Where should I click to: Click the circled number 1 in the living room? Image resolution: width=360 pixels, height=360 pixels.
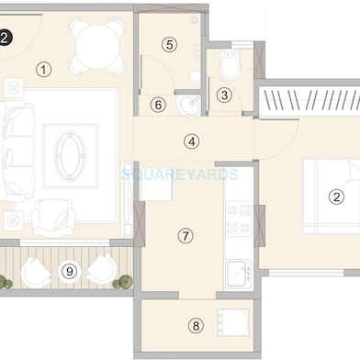tap(43, 70)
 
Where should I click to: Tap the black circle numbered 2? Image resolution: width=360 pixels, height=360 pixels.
tap(6, 39)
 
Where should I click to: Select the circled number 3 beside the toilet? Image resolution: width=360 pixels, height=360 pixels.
tap(224, 95)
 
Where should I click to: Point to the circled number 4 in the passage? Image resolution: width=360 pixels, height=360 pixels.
tap(192, 141)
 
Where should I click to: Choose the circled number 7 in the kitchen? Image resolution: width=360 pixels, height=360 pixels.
tap(186, 236)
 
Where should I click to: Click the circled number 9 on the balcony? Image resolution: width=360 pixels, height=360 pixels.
tap(70, 271)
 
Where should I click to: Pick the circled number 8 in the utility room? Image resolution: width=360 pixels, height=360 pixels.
tap(196, 325)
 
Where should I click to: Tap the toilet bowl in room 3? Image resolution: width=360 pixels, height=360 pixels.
tap(231, 64)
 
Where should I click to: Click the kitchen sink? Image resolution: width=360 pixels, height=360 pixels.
tap(238, 273)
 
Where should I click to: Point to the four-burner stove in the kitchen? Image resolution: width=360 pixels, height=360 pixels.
tap(238, 219)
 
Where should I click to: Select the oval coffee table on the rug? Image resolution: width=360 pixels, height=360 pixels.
tap(70, 155)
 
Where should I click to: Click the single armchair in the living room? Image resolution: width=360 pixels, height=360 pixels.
tap(54, 218)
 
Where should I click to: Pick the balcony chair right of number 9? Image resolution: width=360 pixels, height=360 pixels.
tap(101, 271)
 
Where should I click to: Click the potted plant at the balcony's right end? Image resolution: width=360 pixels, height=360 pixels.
tap(123, 282)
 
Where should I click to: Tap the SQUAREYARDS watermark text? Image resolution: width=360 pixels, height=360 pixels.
tap(180, 174)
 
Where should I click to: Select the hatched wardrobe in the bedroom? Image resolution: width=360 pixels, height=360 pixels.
tap(309, 99)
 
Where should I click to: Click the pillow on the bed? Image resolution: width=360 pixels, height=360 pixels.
tap(354, 172)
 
